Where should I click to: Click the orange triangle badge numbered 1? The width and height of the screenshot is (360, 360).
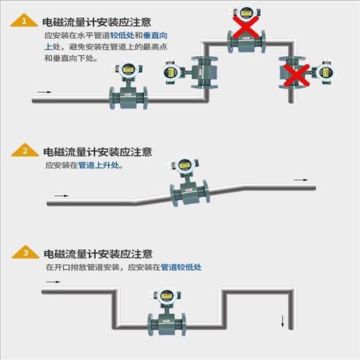[24, 21]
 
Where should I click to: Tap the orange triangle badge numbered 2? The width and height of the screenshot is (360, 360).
[25, 150]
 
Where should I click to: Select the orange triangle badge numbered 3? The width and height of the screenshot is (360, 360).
[25, 252]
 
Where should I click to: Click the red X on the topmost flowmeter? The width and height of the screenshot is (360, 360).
[246, 27]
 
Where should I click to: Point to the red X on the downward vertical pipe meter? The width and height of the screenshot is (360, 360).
[297, 75]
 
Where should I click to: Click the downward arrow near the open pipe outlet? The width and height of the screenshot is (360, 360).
[283, 321]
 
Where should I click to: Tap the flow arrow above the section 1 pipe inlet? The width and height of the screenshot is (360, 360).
[45, 92]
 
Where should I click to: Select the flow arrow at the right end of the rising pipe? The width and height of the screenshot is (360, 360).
[301, 180]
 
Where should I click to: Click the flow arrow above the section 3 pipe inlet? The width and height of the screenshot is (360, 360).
[53, 282]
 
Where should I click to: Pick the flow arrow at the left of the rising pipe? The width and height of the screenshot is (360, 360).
[61, 196]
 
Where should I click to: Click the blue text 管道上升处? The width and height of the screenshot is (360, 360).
[99, 165]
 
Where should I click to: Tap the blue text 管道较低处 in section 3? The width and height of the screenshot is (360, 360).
[181, 267]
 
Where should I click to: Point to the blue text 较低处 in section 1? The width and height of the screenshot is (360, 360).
[122, 35]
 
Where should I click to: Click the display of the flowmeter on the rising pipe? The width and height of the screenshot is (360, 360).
[185, 166]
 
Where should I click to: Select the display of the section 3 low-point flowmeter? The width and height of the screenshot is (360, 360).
[166, 296]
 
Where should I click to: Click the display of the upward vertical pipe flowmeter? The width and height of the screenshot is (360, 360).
[171, 72]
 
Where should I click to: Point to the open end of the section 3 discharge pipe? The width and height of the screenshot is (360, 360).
[292, 329]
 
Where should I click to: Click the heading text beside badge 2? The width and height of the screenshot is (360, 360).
[98, 152]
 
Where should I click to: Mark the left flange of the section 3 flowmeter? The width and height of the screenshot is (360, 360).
[150, 325]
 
